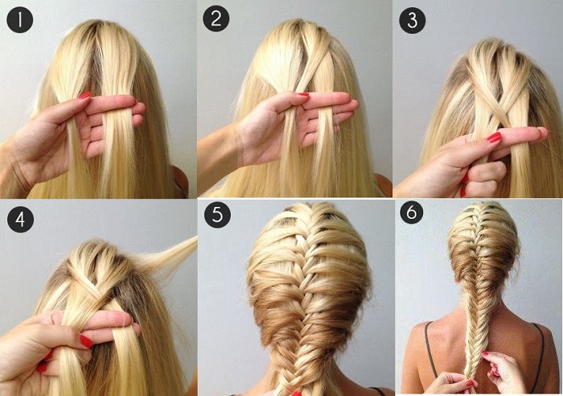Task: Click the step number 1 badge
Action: point(20,20)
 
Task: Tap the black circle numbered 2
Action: point(216,19)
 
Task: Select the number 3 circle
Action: point(413,20)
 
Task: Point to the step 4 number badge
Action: point(20,219)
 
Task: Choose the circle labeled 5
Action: point(218,215)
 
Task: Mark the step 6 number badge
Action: point(412,212)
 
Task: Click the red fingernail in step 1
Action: point(85,95)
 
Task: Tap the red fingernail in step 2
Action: point(303,94)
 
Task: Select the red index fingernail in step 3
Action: point(494,137)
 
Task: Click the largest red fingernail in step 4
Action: point(86,340)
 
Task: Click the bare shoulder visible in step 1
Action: point(181,181)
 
